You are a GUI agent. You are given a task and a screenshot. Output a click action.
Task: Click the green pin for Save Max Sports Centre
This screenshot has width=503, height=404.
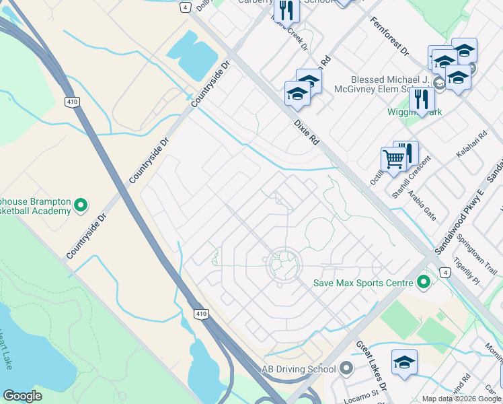click(424, 281)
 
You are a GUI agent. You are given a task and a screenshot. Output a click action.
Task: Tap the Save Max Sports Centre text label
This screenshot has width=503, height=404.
click(362, 283)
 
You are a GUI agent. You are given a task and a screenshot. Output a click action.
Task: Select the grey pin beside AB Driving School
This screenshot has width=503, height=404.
click(346, 368)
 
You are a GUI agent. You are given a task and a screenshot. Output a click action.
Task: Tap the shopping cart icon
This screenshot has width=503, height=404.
click(393, 160)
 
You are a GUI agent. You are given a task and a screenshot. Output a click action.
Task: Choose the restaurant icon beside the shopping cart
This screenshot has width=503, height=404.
click(407, 153)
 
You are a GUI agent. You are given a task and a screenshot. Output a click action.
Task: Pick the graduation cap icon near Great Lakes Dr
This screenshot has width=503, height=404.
click(404, 363)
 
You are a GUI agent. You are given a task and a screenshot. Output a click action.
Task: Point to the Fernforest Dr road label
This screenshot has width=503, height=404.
click(389, 36)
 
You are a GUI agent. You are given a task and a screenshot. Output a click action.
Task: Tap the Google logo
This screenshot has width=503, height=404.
click(23, 395)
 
